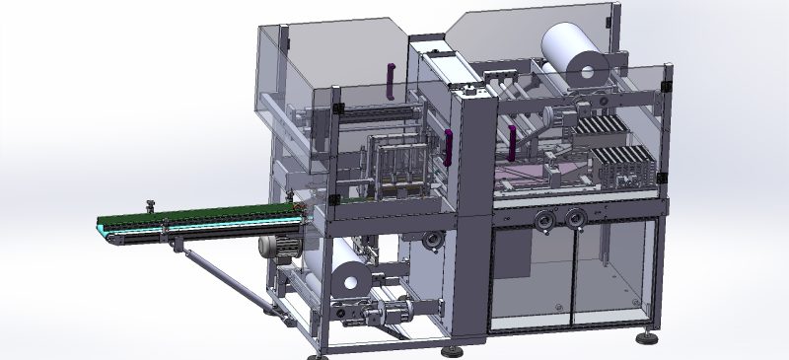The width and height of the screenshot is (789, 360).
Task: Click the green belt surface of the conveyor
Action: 197,214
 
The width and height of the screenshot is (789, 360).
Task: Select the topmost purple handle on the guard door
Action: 392,81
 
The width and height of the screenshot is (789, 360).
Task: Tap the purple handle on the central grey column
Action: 448,148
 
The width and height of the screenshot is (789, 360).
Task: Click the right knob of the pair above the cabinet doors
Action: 573,218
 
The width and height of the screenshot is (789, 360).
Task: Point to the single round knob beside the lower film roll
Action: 430,239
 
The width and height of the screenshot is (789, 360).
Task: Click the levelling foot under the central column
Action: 456,350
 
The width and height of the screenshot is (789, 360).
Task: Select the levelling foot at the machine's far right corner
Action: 648,337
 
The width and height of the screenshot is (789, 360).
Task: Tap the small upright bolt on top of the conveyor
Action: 150,206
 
